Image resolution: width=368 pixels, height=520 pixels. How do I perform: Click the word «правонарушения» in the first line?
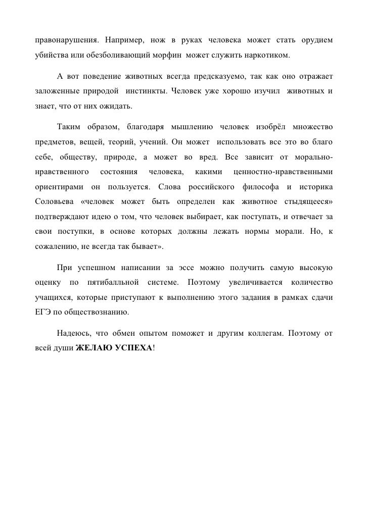pos(63,40)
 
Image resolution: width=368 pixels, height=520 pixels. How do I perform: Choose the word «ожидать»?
pos(117,107)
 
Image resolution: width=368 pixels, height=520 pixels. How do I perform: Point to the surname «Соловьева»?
pos(53,203)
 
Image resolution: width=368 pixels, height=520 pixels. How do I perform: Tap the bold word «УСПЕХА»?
pos(131,349)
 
